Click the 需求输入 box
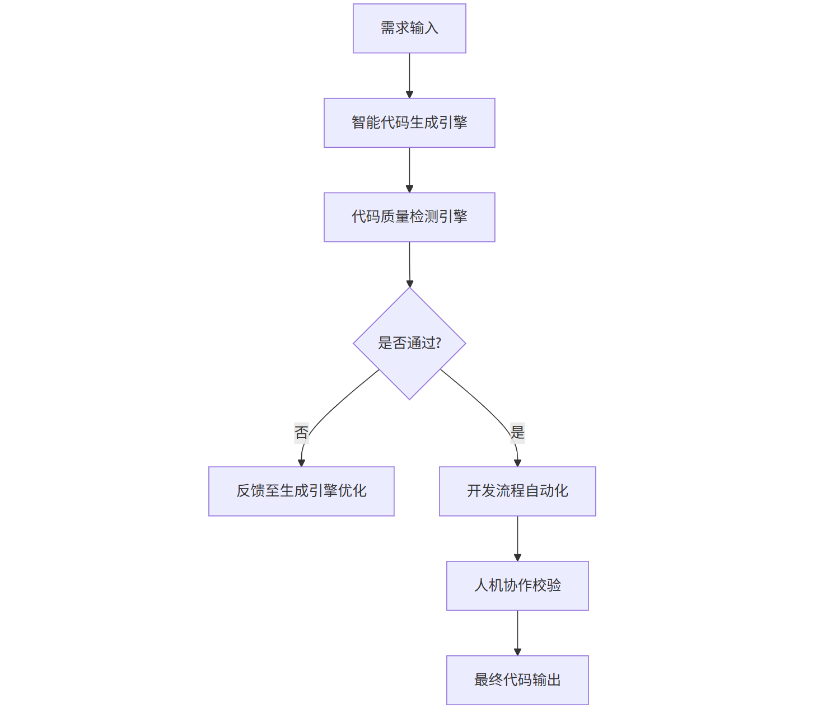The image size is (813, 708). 409,28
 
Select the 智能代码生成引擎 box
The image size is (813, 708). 409,123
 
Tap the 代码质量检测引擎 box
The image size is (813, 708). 409,217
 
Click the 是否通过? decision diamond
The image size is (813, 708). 409,344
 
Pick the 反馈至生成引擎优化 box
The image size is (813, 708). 301,491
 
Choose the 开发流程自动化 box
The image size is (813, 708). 517,491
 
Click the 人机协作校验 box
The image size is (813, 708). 517,585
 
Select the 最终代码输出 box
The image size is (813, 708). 517,680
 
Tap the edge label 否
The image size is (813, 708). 301,433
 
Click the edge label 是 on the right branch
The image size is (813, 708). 517,433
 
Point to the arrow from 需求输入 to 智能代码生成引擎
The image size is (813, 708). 409,76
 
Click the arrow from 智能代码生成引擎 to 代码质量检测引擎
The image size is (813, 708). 409,170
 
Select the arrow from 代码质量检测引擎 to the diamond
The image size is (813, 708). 409,265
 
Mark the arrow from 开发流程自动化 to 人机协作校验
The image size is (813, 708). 517,538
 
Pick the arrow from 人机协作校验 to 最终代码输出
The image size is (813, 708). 517,633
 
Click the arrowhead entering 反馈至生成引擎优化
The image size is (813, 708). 301,463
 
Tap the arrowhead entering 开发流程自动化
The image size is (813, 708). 517,463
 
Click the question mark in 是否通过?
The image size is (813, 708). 438,343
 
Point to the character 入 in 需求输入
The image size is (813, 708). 431,28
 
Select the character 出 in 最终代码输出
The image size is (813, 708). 554,680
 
